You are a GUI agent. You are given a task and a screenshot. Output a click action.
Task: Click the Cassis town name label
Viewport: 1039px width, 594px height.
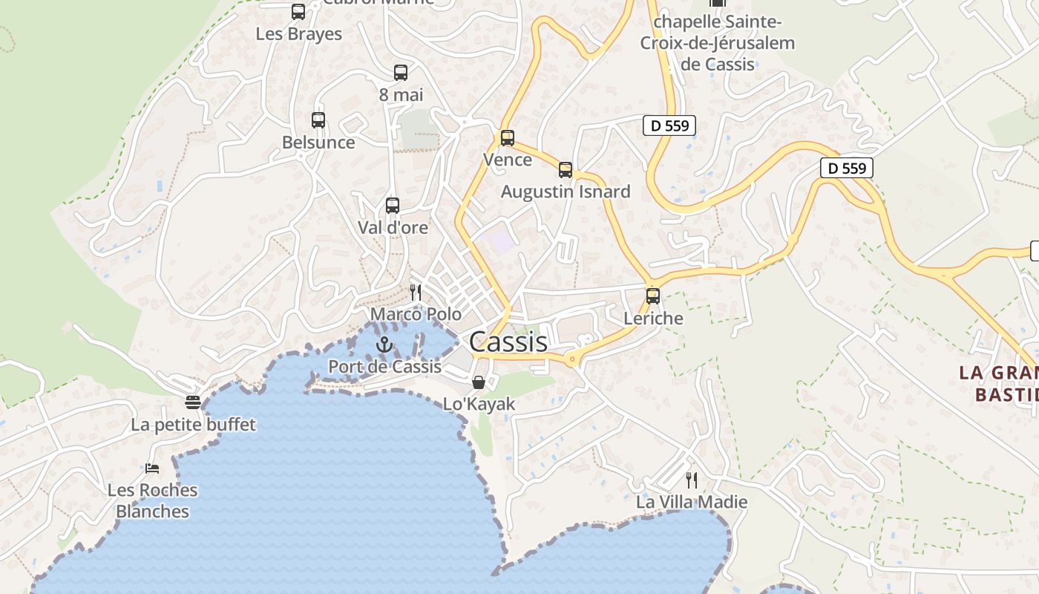(x=508, y=342)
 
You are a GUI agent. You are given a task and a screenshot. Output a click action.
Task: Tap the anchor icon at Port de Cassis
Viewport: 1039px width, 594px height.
(x=384, y=344)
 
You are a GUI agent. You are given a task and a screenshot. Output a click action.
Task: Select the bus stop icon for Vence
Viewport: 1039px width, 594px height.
(x=508, y=138)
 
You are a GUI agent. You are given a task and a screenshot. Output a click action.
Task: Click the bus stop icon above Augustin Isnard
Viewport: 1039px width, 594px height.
(x=566, y=170)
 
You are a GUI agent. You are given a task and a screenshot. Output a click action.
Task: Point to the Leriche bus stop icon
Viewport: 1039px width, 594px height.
(x=653, y=296)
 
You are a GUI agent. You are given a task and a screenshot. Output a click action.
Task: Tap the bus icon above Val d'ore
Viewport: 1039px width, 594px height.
(x=393, y=206)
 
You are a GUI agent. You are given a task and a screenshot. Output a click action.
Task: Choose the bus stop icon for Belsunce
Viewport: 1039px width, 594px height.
(x=318, y=120)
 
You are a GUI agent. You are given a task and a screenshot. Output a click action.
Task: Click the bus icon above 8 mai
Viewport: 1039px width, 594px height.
(x=401, y=73)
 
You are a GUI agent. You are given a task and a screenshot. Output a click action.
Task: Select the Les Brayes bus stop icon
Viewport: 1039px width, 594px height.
(x=298, y=12)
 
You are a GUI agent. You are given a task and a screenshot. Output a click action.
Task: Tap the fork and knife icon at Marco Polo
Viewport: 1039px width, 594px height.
(x=416, y=293)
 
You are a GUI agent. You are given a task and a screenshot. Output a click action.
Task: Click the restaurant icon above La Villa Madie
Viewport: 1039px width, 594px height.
(x=692, y=480)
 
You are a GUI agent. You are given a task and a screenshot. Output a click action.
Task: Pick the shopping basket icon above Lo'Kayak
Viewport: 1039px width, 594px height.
(x=479, y=382)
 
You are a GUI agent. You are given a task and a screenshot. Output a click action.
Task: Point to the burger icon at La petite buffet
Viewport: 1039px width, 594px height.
(x=193, y=402)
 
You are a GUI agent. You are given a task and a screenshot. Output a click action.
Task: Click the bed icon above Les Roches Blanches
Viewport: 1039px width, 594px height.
(x=152, y=469)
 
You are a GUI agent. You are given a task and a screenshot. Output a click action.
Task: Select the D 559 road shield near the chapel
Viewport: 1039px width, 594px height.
(x=669, y=125)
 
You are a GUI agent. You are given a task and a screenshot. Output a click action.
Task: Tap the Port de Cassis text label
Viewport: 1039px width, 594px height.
(x=384, y=366)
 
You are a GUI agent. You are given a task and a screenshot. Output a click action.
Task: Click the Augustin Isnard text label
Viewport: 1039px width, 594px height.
(x=566, y=192)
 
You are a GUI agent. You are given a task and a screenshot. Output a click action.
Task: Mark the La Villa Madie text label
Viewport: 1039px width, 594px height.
(x=692, y=502)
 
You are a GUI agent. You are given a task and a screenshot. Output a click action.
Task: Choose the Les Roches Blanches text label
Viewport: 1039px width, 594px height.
(x=153, y=500)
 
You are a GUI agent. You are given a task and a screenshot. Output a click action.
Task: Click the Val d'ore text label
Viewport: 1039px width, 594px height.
(x=393, y=227)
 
